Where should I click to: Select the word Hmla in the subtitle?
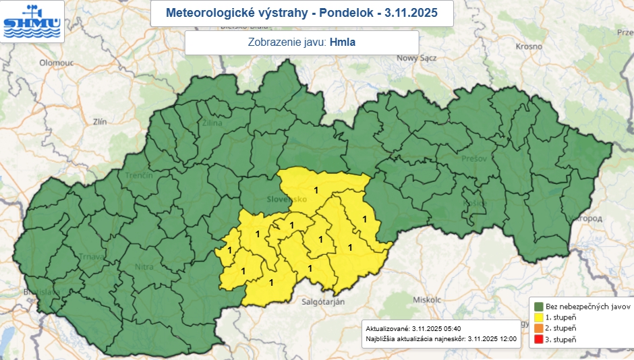pyautogui.click(x=343, y=42)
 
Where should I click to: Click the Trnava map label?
pyautogui.click(x=92, y=256)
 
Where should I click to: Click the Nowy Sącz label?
pyautogui.click(x=418, y=58)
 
